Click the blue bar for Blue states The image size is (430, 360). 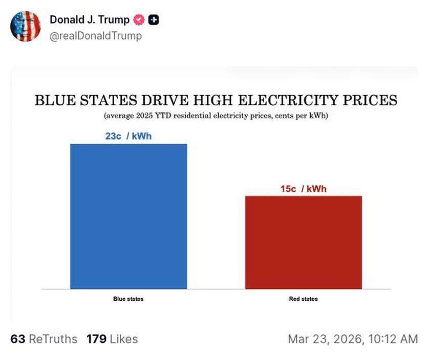(128, 216)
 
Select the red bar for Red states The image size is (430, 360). (304, 242)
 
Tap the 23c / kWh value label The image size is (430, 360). (128, 137)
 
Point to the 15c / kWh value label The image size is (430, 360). (303, 189)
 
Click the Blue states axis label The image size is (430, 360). (128, 299)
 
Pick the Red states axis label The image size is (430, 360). (303, 299)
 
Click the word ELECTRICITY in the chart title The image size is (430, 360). (288, 100)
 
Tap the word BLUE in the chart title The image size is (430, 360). (52, 100)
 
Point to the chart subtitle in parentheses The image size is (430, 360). (216, 116)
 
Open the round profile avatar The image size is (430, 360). (25, 26)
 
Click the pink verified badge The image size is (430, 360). (139, 20)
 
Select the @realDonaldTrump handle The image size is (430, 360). (96, 36)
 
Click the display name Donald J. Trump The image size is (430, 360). (90, 20)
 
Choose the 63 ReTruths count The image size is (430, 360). (44, 339)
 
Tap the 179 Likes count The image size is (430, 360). (112, 339)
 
